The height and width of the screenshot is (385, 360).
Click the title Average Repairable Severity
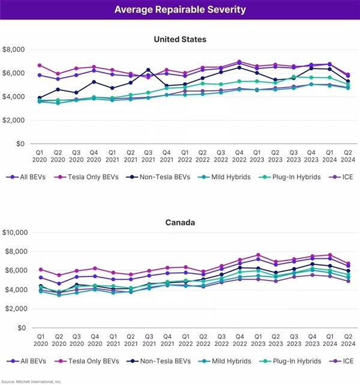[x=180, y=10]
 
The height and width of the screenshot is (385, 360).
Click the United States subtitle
[x=180, y=39]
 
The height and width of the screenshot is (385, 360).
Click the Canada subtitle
[x=180, y=223]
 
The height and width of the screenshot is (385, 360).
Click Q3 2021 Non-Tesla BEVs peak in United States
[x=148, y=70]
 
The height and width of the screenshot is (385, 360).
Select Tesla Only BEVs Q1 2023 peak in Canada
[x=258, y=255]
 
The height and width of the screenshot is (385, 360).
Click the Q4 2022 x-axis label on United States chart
[x=239, y=156]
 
